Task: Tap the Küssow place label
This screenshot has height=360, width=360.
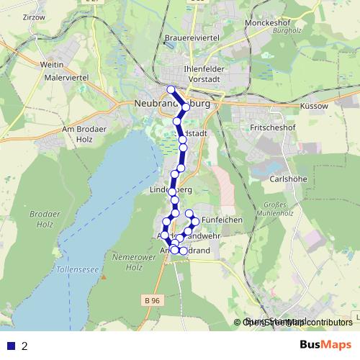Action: [x=312, y=105]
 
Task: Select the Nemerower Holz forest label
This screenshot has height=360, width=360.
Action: [x=132, y=262]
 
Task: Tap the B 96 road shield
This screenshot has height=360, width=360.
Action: [x=150, y=301]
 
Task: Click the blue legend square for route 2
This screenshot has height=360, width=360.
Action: [x=9, y=346]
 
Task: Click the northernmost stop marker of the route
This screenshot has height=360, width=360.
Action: [x=171, y=89]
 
